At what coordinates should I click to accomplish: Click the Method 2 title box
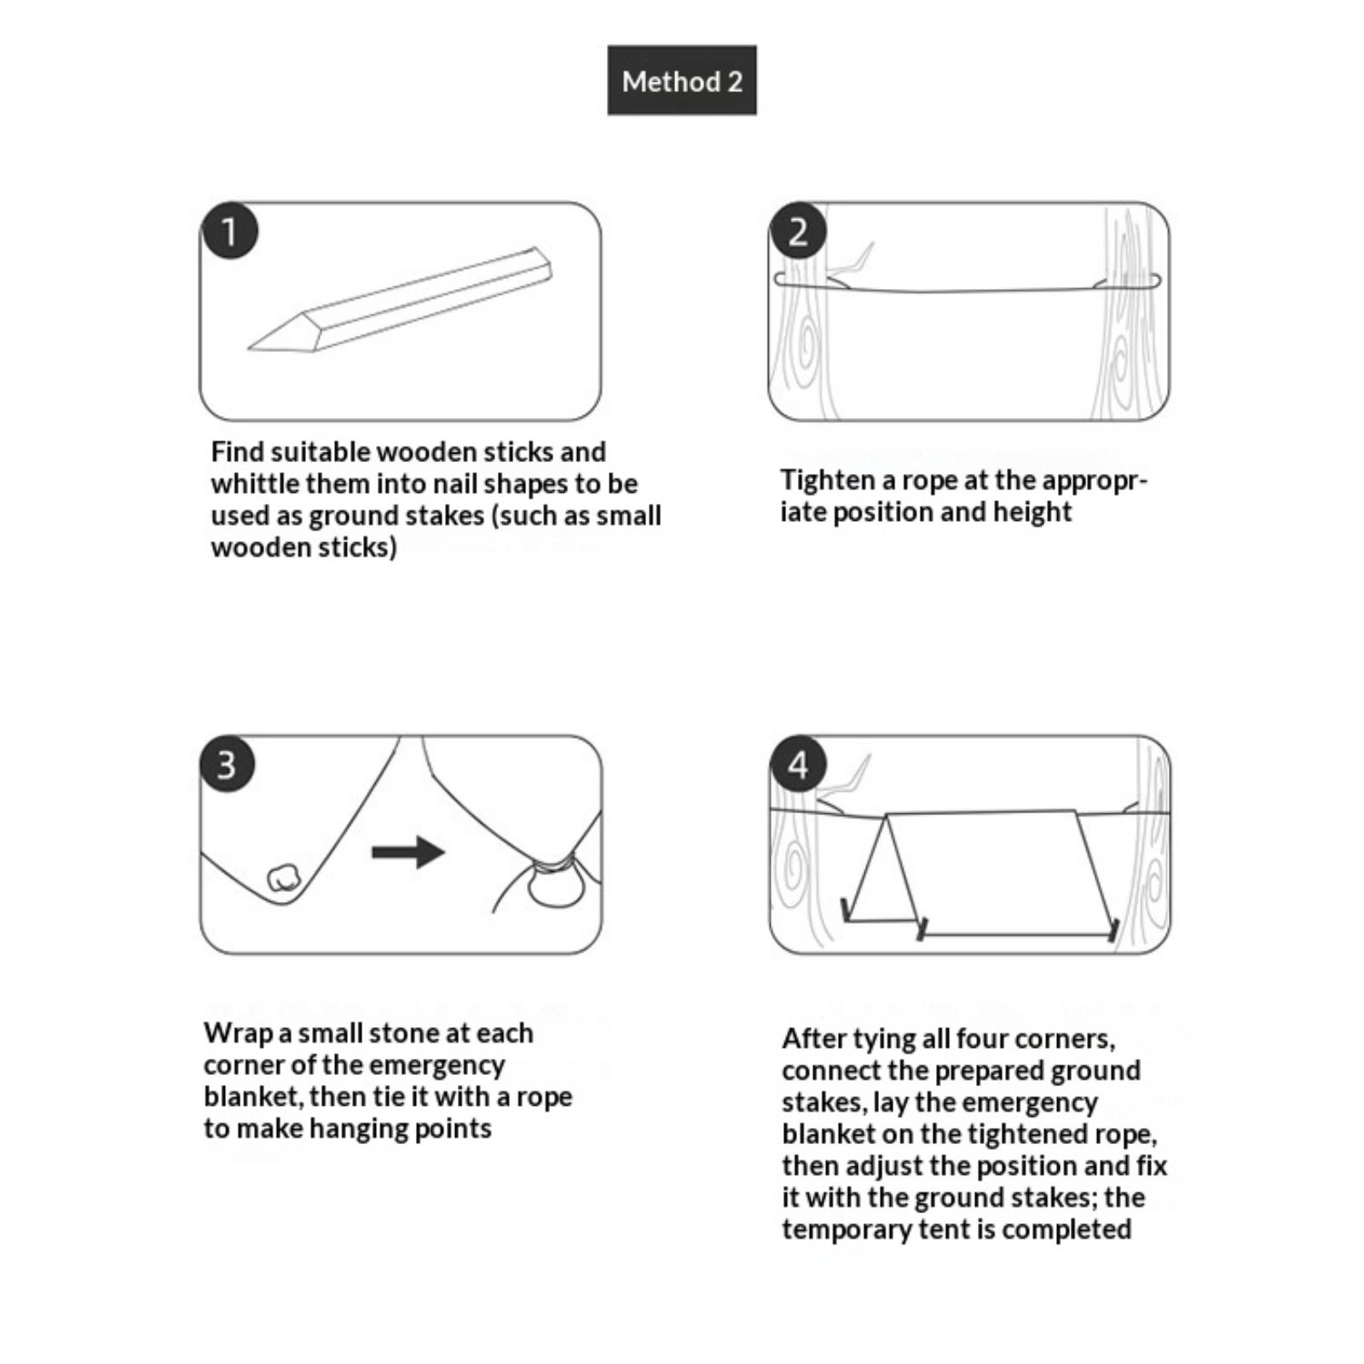(682, 80)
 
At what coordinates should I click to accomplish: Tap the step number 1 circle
(229, 231)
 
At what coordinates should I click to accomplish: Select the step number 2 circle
(798, 231)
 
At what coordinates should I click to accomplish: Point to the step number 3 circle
(228, 764)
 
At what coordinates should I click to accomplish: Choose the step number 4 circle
(798, 764)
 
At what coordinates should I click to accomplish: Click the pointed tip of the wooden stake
(249, 348)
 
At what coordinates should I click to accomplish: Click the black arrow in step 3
(408, 852)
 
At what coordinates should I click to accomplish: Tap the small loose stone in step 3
(284, 878)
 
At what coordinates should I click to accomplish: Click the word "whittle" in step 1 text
(255, 483)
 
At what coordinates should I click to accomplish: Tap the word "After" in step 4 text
(815, 1038)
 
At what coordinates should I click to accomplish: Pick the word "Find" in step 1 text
(238, 451)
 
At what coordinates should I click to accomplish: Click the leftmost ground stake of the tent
(845, 910)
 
